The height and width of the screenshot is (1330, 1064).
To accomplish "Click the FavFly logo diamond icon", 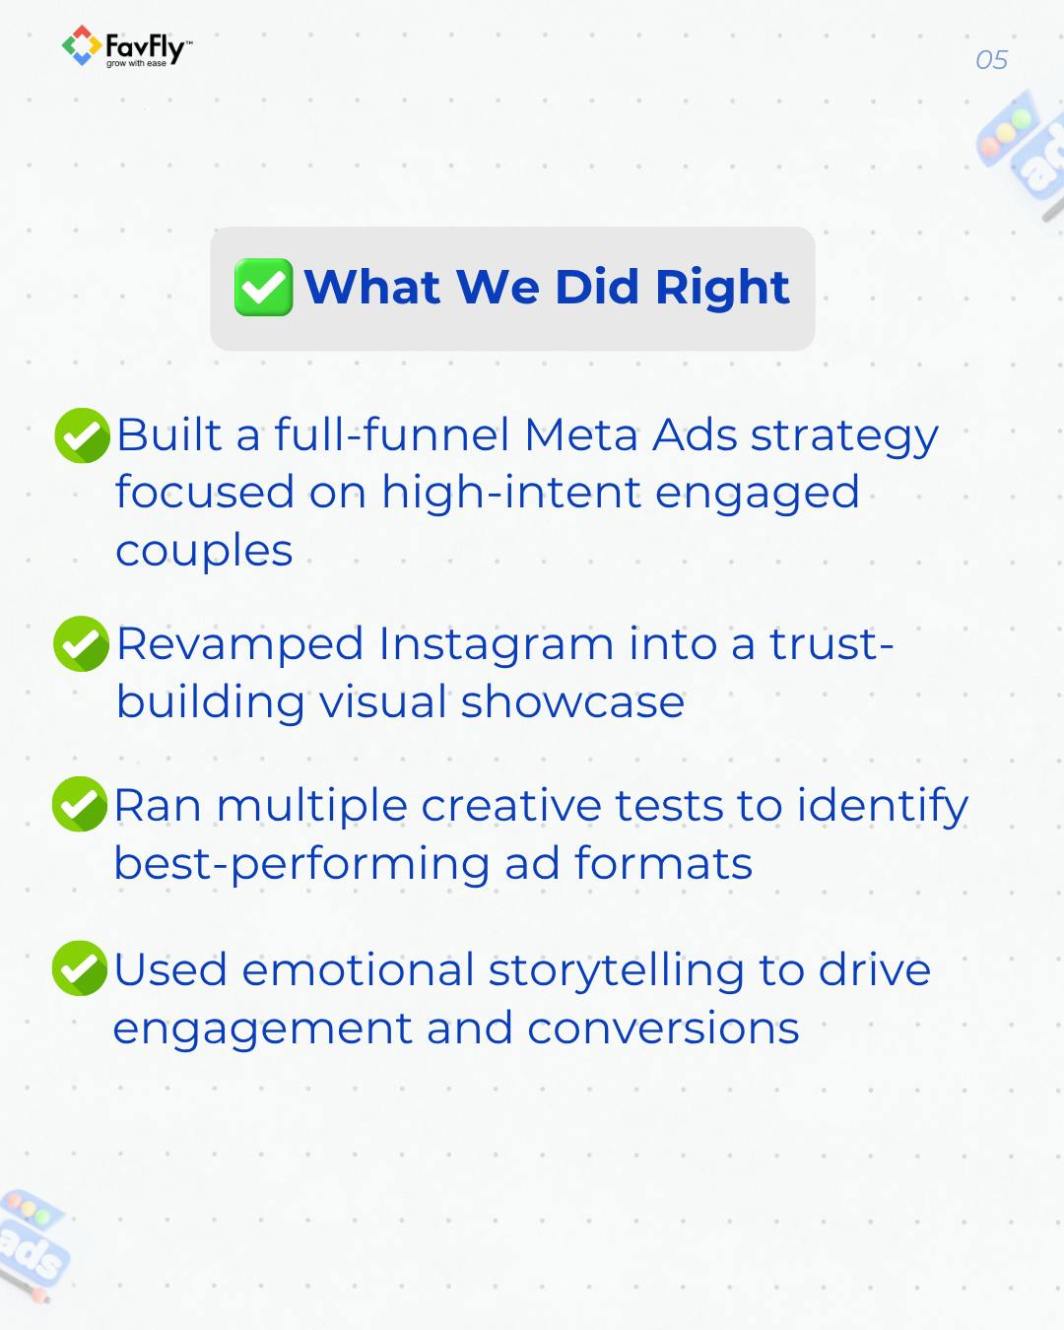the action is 82,45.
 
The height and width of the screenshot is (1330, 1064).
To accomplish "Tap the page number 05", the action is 991,60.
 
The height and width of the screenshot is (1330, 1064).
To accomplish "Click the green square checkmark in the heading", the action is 263,287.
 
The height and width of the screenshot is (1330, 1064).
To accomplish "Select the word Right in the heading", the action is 722,288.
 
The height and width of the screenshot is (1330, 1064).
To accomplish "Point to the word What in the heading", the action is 372,287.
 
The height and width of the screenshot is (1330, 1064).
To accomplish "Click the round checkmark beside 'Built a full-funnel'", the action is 82,435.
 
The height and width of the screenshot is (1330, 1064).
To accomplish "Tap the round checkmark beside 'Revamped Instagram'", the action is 81,643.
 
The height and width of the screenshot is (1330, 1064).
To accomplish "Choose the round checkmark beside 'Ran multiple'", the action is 80,804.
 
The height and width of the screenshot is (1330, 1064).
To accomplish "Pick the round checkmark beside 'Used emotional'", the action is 80,967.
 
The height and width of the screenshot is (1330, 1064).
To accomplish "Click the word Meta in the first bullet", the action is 581,434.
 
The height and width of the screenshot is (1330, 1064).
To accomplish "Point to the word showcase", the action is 572,702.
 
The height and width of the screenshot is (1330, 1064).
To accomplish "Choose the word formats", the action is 663,863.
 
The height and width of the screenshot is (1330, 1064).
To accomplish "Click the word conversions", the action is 663,1029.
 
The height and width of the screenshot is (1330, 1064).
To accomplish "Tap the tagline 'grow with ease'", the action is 136,64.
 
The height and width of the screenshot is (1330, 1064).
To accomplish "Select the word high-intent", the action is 511,495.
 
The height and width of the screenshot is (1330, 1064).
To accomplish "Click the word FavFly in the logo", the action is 145,47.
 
